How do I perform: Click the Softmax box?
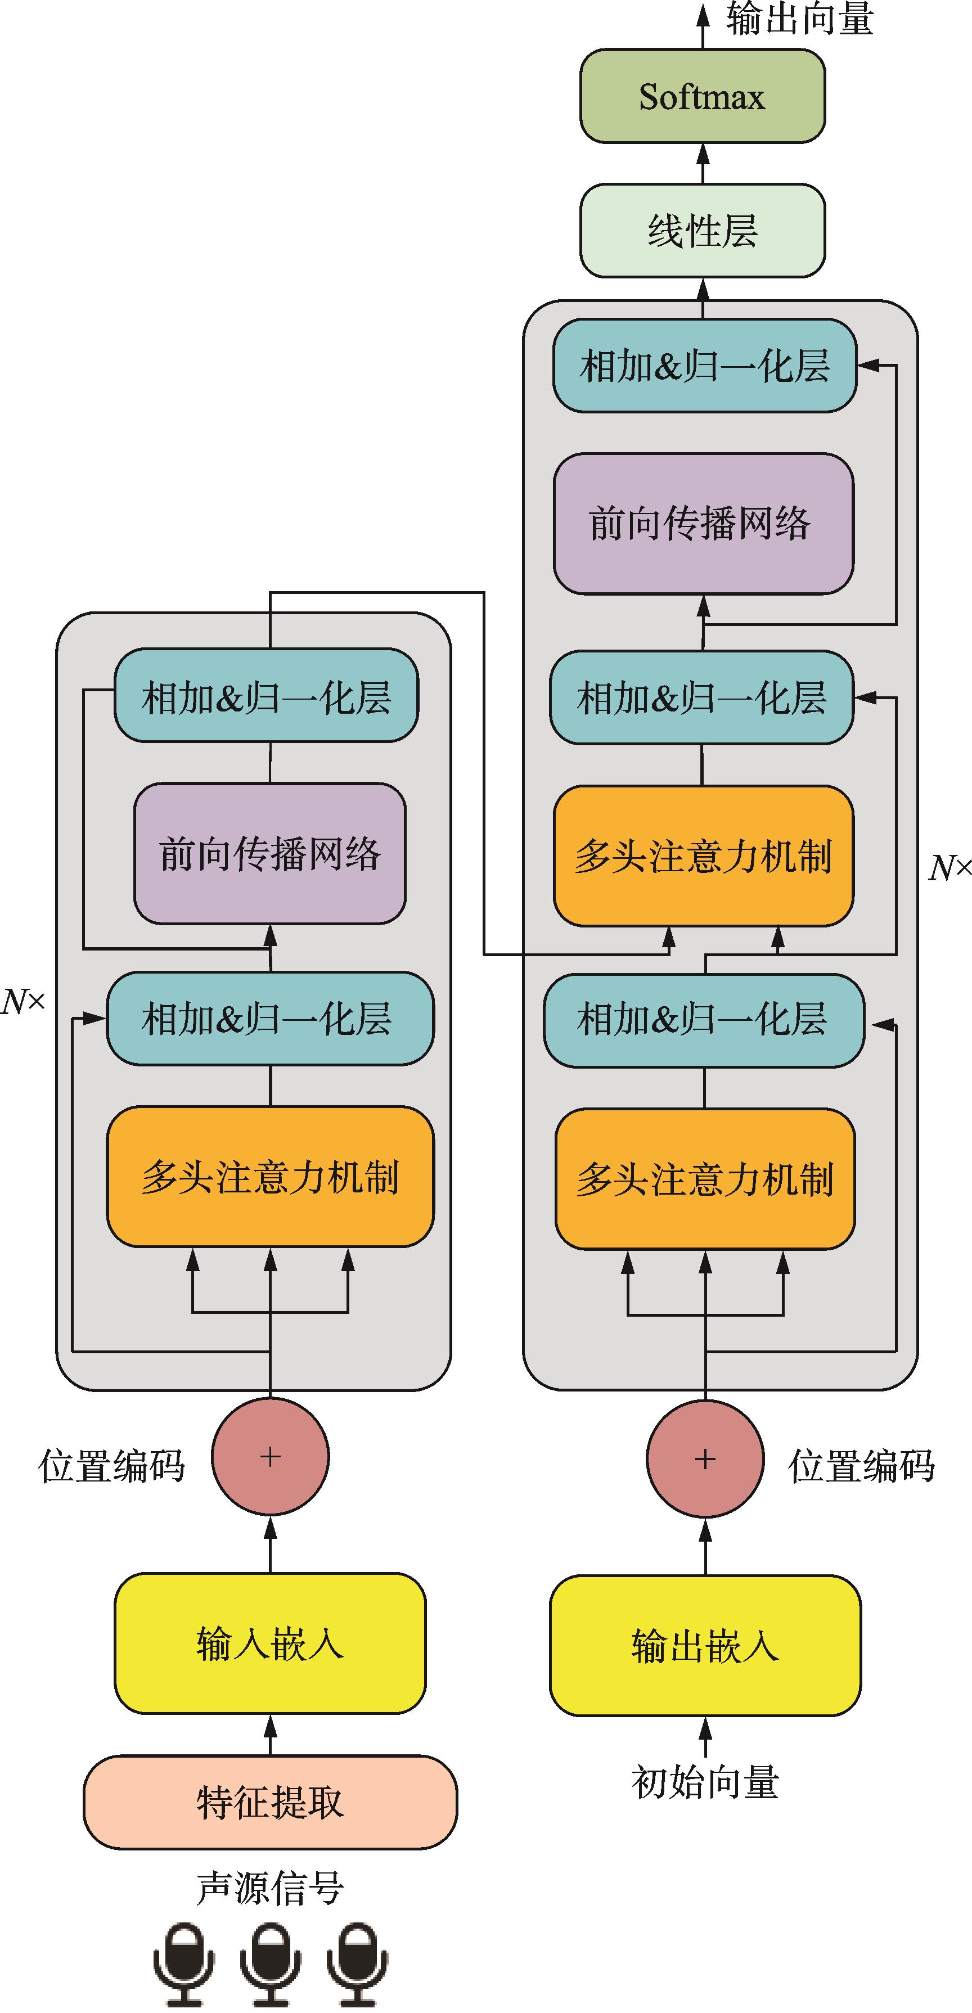pyautogui.click(x=701, y=96)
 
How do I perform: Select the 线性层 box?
pyautogui.click(x=701, y=231)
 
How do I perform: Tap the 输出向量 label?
pyautogui.click(x=799, y=19)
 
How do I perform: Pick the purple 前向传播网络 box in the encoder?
pyautogui.click(x=269, y=853)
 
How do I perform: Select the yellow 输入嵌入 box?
pyautogui.click(x=269, y=1642)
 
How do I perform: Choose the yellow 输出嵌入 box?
pyautogui.click(x=705, y=1645)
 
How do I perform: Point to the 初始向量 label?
pyautogui.click(x=705, y=1782)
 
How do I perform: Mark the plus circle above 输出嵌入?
pyautogui.click(x=705, y=1459)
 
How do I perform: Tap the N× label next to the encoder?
pyautogui.click(x=24, y=1001)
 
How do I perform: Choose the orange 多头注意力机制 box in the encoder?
pyautogui.click(x=269, y=1176)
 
